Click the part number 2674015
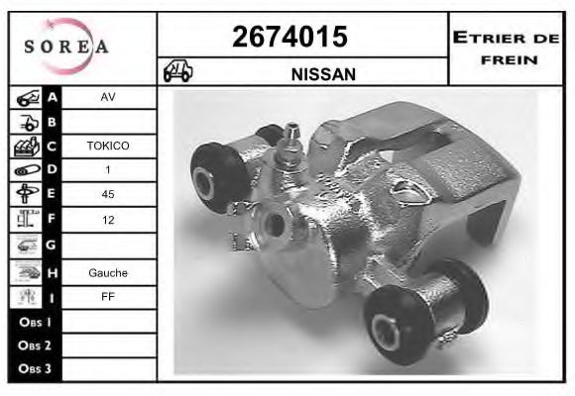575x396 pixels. [x=289, y=37]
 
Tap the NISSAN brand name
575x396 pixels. [x=323, y=74]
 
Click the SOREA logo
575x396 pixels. [x=66, y=47]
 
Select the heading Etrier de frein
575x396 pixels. [x=506, y=49]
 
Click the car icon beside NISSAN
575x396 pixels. [x=177, y=70]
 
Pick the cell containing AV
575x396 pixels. [x=108, y=97]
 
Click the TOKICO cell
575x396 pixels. [x=108, y=146]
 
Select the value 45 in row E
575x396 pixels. [x=108, y=194]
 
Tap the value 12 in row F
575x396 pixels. [x=108, y=220]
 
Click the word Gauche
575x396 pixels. [x=108, y=273]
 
